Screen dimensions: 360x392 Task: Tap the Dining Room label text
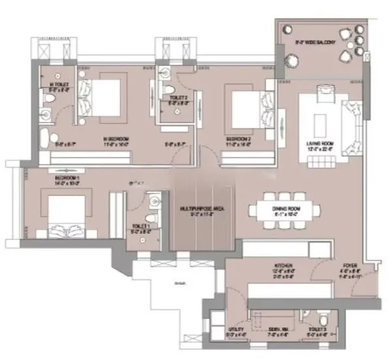pos(285,208)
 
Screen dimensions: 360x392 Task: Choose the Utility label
pos(236,330)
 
